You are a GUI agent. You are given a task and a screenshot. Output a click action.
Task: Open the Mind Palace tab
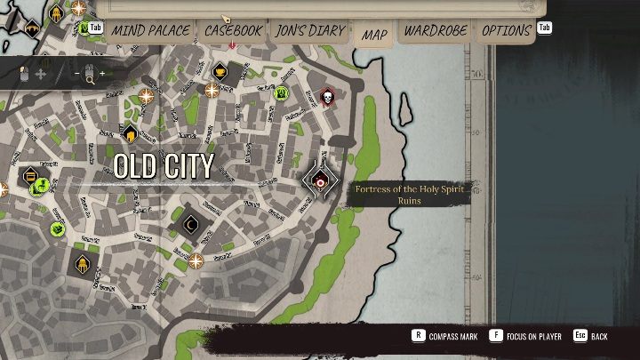click(149, 30)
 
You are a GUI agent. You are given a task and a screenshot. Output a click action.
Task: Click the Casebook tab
click(234, 30)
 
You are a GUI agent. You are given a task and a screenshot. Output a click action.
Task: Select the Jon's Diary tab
click(308, 30)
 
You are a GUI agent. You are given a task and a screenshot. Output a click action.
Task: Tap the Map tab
click(374, 35)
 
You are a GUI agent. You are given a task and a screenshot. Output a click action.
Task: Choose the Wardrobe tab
click(436, 30)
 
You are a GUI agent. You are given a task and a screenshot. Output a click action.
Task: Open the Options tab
click(507, 30)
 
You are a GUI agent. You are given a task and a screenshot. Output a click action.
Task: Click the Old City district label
click(164, 165)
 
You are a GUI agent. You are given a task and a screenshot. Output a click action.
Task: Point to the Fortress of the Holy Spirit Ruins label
click(409, 194)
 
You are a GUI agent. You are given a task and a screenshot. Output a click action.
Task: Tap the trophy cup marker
click(221, 71)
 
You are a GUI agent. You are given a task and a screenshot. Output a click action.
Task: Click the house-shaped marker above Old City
click(131, 135)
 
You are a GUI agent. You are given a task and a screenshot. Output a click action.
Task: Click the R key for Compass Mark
click(418, 336)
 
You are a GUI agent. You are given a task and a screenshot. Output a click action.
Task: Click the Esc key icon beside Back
click(580, 336)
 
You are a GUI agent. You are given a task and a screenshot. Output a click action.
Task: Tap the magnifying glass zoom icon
click(90, 76)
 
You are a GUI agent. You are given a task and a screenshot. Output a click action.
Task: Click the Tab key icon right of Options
click(544, 28)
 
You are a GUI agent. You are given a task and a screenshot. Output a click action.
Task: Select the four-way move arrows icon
click(40, 74)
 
